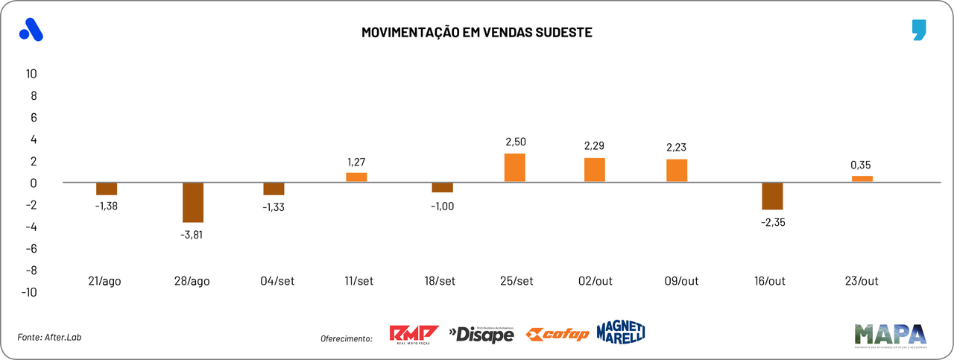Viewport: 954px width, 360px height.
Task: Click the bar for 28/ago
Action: (x=192, y=202)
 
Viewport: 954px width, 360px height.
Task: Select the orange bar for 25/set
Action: (x=514, y=168)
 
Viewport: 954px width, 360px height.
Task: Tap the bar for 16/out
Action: (x=772, y=196)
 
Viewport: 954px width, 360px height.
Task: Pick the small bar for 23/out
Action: (x=862, y=179)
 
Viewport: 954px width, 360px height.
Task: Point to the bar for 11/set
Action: (x=356, y=177)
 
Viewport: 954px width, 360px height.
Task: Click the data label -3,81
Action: (x=192, y=234)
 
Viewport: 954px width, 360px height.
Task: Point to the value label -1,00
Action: (x=442, y=206)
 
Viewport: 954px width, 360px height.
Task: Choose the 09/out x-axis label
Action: (x=680, y=281)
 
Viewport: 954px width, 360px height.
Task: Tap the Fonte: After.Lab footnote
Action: (x=49, y=338)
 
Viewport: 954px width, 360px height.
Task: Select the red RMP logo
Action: (x=414, y=334)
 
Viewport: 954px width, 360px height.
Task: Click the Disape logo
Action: (x=481, y=335)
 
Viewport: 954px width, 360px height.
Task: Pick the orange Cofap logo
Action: (x=557, y=334)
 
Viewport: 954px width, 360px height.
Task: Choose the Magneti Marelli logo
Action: (x=620, y=332)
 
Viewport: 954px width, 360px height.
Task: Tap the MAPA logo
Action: (x=890, y=335)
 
